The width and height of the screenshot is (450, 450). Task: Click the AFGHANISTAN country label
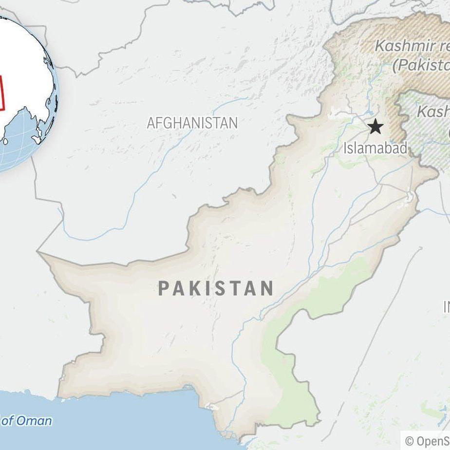click(x=192, y=123)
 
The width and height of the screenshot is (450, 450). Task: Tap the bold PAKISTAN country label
click(x=215, y=289)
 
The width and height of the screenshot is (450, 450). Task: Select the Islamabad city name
click(x=375, y=148)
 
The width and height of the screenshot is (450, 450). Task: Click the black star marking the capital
click(x=375, y=127)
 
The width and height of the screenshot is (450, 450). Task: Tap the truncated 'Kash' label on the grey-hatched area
click(x=433, y=112)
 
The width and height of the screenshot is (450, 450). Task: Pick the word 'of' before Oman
click(x=8, y=421)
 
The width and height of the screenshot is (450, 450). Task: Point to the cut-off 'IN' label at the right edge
click(x=446, y=307)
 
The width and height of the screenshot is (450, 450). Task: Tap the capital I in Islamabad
click(x=346, y=148)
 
